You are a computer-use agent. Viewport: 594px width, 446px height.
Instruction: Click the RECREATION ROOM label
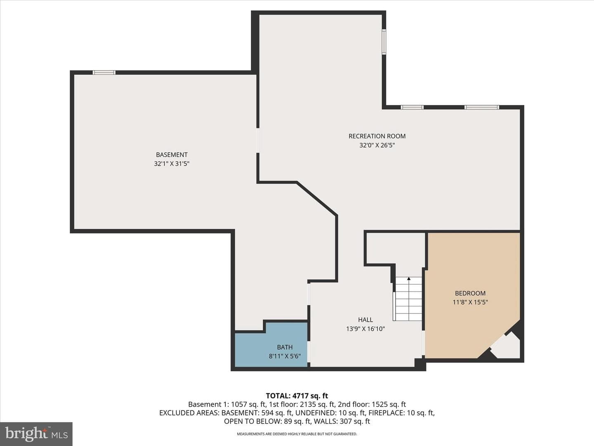[377, 136]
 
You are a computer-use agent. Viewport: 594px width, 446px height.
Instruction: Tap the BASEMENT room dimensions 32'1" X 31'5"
[172, 164]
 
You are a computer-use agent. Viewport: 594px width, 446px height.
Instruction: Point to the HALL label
[365, 320]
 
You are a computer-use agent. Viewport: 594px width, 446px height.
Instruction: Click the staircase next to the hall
[408, 299]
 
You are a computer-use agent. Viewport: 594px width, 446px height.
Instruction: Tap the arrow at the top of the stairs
[409, 279]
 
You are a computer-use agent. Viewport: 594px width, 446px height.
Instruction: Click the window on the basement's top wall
[104, 72]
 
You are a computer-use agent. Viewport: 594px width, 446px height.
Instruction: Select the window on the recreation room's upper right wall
[384, 42]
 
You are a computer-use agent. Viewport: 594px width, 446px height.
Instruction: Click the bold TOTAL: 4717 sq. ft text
[297, 396]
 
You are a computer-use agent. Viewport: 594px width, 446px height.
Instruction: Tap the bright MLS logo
[36, 434]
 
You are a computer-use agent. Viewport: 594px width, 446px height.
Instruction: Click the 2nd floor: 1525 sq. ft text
[372, 405]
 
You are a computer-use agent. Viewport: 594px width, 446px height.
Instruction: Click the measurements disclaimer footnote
[297, 434]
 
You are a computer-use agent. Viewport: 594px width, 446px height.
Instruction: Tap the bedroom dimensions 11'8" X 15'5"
[470, 302]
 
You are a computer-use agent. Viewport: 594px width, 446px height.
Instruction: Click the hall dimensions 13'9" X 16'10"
[365, 329]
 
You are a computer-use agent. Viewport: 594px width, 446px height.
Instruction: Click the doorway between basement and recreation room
[258, 140]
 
